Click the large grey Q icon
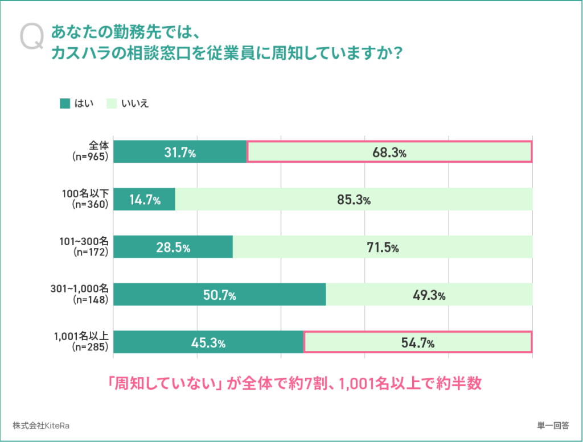coord(32,37)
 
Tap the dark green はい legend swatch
coord(65,104)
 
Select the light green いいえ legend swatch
coord(112,104)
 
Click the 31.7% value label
coord(180,152)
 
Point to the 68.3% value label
coord(389,152)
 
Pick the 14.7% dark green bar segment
coord(144,200)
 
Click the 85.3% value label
coord(354,200)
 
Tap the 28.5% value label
coord(173,247)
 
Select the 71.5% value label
coord(383,247)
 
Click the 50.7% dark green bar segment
coord(220,295)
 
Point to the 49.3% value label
coord(429,295)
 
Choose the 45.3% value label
coord(208,343)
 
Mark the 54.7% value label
coord(418,343)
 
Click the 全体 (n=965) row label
coord(91,151)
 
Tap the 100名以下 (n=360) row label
coord(85,199)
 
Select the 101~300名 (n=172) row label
coord(84,247)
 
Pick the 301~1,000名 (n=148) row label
coord(80,294)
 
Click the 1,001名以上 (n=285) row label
coord(81,342)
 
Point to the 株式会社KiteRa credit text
coord(41,426)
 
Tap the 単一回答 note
coord(553,426)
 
